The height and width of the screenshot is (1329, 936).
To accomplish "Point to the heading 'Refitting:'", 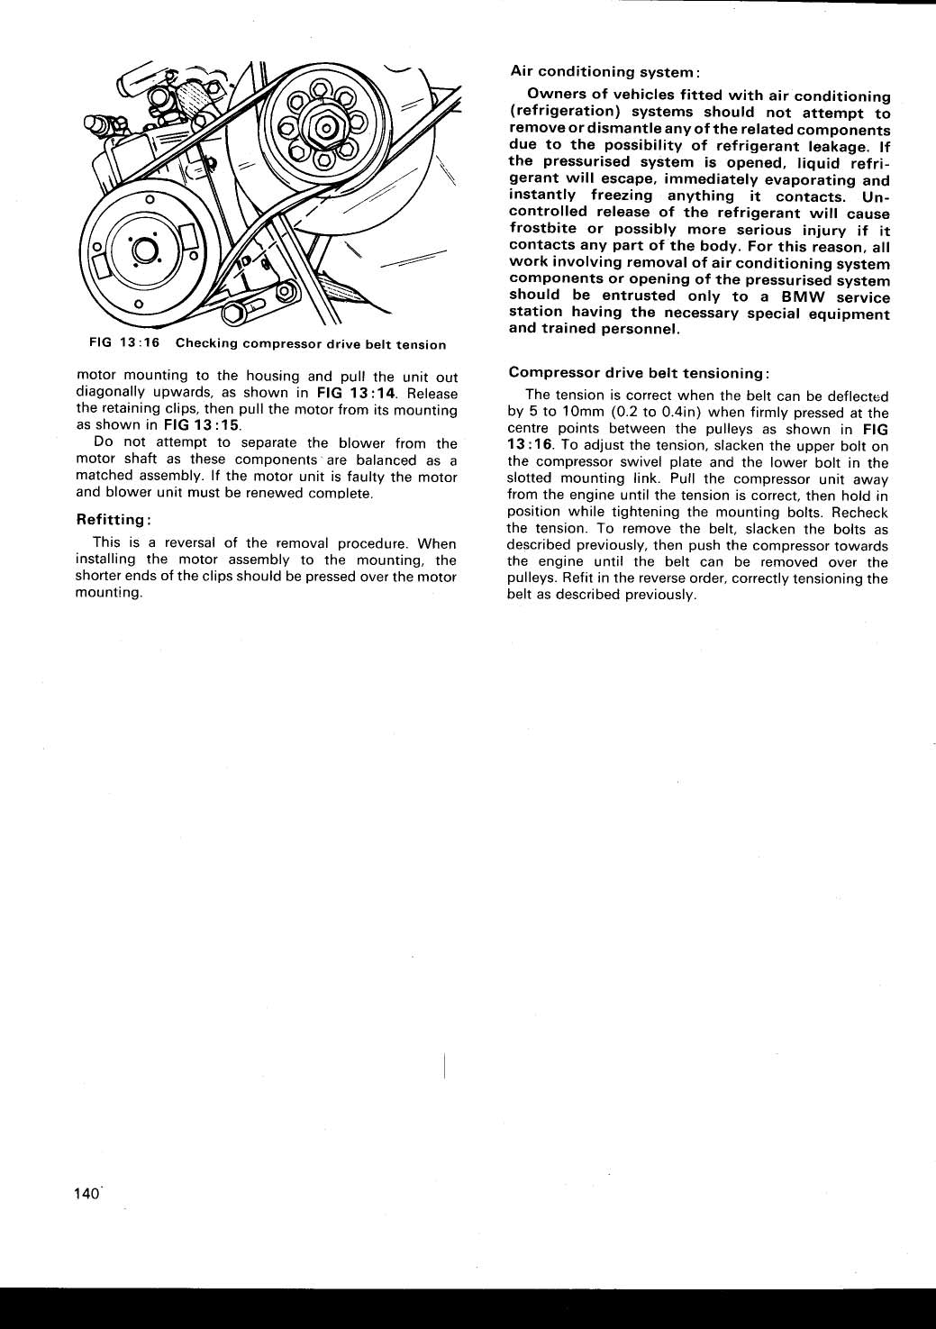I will click(113, 520).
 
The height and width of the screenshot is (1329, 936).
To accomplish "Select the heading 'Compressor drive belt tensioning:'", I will click(638, 372).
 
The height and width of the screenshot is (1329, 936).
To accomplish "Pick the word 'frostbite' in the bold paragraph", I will click(542, 230).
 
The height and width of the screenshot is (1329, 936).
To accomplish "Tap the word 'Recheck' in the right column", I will click(861, 513).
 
